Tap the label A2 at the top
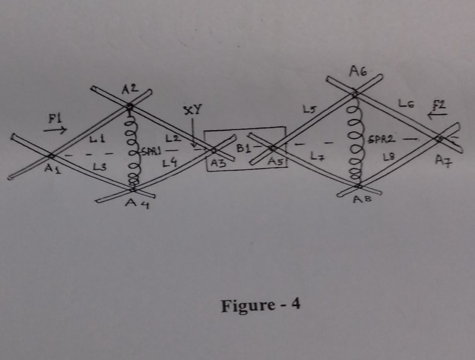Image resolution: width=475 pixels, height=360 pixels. tap(130, 90)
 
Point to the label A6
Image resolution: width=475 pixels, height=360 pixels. tap(357, 72)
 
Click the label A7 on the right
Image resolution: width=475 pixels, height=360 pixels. tap(442, 161)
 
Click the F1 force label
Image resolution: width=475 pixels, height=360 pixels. tap(55, 119)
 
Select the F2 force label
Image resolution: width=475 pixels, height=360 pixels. tap(439, 106)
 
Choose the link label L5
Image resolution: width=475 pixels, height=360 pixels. tap(308, 109)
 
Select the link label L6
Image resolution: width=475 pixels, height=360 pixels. tap(407, 105)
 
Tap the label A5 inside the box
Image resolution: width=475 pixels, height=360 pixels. tap(274, 161)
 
